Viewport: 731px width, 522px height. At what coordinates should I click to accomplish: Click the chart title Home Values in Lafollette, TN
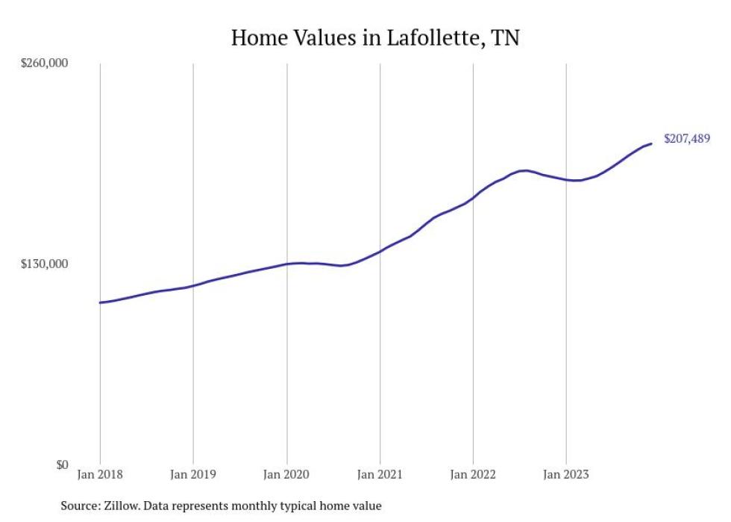click(x=374, y=37)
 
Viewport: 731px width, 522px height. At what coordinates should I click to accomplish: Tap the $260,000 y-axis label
click(x=43, y=63)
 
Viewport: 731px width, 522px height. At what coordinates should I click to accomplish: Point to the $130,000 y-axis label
click(x=43, y=264)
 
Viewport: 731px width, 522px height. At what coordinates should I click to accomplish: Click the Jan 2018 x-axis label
click(x=100, y=474)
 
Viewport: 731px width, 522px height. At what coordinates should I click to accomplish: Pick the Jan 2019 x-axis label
click(x=193, y=474)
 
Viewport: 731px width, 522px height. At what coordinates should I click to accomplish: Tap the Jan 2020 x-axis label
click(x=286, y=474)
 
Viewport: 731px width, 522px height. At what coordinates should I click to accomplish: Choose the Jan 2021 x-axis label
click(x=380, y=474)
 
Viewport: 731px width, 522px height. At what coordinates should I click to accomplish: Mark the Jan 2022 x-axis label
click(x=473, y=474)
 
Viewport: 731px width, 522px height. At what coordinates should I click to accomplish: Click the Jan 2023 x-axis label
click(x=566, y=474)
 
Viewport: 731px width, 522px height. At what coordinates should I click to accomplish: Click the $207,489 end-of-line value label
click(x=686, y=139)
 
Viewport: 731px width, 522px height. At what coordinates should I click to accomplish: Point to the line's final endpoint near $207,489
click(x=651, y=143)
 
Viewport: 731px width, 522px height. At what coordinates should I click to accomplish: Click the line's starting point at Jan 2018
click(x=100, y=302)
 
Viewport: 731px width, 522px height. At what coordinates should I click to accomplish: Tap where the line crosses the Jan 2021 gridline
click(x=380, y=251)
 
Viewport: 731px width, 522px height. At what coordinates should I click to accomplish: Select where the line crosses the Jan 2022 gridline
click(x=474, y=198)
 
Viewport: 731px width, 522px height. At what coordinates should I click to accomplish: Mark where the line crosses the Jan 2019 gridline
click(x=193, y=286)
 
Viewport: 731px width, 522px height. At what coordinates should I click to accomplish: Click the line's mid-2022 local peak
click(x=526, y=170)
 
